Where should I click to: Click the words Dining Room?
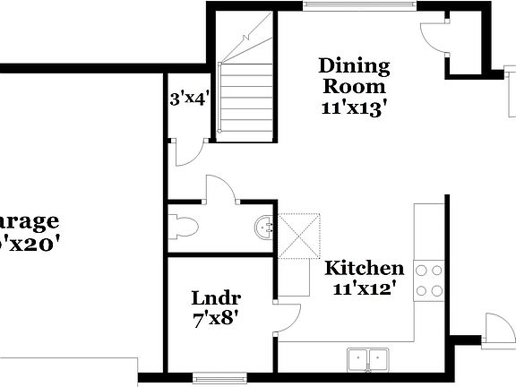pos(354,76)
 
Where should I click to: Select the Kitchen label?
pos(363,268)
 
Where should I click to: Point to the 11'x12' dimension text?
pos(365,288)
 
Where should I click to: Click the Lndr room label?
pos(216,298)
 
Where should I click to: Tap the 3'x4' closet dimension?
pos(188,98)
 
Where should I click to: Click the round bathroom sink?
pos(262,227)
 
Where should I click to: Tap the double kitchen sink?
pos(367,358)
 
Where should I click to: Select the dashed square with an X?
pos(298,236)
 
